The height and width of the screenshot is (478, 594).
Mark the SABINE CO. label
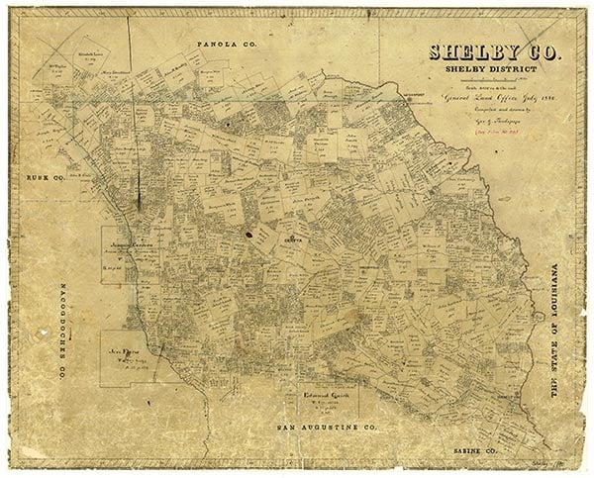coord(485,449)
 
